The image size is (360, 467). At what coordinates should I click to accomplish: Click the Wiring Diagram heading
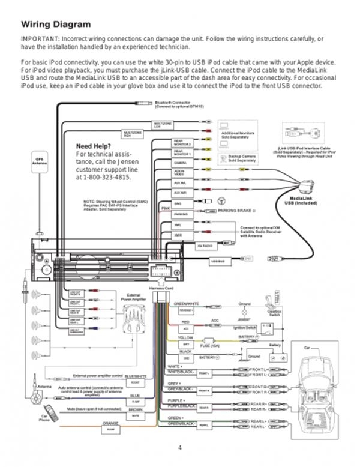[x=56, y=25]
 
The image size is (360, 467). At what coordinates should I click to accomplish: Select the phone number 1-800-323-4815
[x=103, y=178]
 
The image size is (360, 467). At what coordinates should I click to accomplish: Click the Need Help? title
[x=93, y=146]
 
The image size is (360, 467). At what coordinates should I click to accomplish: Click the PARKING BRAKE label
[x=237, y=212]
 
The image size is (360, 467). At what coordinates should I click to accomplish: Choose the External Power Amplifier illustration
[x=133, y=313]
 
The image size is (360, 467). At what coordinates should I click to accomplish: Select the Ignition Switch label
[x=244, y=327]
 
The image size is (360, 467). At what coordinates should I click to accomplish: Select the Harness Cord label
[x=160, y=288]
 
